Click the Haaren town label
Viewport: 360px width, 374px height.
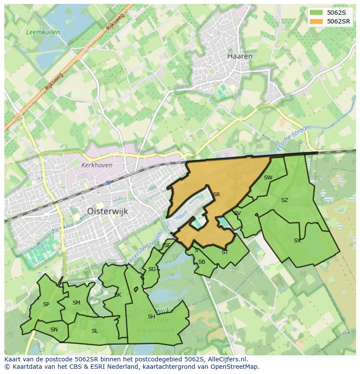(240, 56)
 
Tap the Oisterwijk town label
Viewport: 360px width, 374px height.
(107, 211)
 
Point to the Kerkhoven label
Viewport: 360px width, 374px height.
(97, 165)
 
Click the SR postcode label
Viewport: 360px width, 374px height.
(216, 194)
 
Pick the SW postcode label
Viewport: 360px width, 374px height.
(268, 177)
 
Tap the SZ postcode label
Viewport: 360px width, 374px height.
(284, 200)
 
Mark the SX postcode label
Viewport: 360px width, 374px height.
(297, 240)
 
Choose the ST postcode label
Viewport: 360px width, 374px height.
(225, 252)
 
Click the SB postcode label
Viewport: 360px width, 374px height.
(201, 261)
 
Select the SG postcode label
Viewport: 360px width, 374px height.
(152, 269)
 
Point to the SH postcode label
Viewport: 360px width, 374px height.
(151, 316)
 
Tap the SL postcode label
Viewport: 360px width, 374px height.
(95, 331)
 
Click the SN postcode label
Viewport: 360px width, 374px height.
(54, 329)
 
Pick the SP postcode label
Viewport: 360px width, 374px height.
(46, 304)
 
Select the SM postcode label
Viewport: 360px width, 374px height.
(76, 302)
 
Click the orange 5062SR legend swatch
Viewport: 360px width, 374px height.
(316, 21)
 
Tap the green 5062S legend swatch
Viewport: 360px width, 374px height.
(316, 13)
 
